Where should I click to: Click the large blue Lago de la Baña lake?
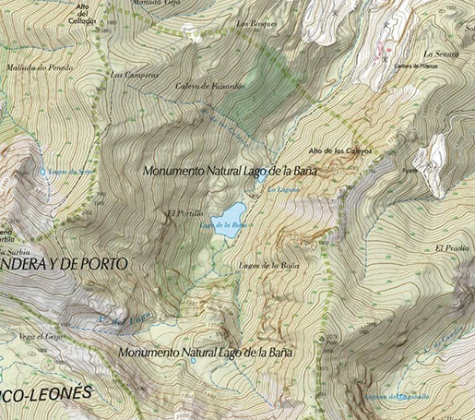pos(230,219)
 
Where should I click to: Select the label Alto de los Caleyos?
pos(339,150)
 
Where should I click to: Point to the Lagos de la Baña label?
pos(268,266)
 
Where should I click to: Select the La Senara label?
pos(440,54)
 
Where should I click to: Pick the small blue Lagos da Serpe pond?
pos(42,171)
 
